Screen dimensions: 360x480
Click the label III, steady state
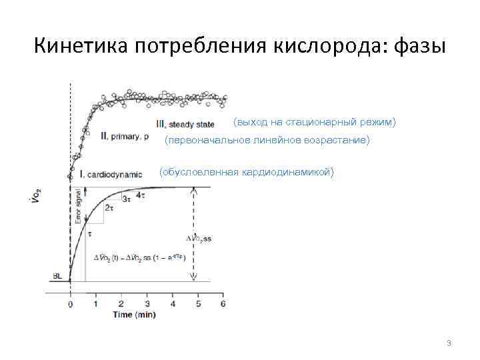tap(185, 124)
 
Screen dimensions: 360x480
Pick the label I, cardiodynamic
tap(111, 174)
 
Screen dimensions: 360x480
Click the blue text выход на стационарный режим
tap(315, 122)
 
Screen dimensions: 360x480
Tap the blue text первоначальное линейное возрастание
tap(267, 141)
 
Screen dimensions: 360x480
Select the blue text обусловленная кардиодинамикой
tap(247, 173)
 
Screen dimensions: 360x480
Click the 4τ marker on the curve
tap(141, 195)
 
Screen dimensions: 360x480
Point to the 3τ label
tap(127, 199)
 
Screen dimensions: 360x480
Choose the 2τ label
tap(109, 208)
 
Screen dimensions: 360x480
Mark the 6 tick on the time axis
tap(223, 304)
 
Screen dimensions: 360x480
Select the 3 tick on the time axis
tap(147, 304)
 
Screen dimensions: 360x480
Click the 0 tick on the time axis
tap(71, 304)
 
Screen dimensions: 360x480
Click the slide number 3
tap(449, 343)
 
